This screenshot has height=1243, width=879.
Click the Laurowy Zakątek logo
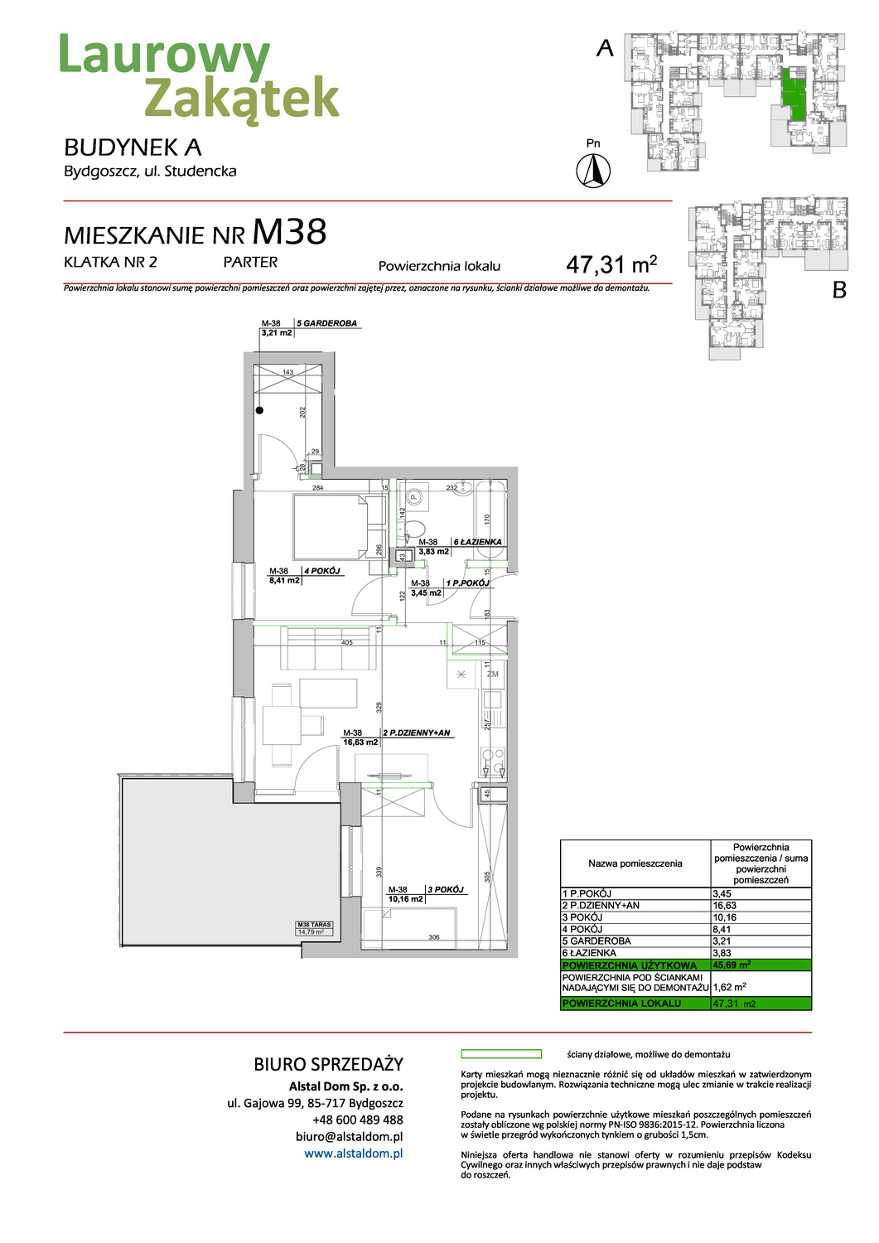(x=199, y=76)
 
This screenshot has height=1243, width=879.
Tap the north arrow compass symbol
(x=593, y=172)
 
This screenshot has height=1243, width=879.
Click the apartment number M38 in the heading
(x=289, y=232)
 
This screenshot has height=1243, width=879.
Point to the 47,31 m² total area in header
(x=611, y=264)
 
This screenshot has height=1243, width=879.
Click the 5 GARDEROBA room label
(x=327, y=323)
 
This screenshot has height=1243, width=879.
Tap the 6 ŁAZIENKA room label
(x=477, y=542)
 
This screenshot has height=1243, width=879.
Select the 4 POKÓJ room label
(x=322, y=571)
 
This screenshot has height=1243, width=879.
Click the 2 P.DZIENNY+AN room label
(x=417, y=733)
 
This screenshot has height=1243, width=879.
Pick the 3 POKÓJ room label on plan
(x=446, y=889)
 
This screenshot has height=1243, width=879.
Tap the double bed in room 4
(x=331, y=527)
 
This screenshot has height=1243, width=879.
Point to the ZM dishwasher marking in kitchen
(x=493, y=675)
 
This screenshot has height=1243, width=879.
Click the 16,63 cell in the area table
(x=725, y=906)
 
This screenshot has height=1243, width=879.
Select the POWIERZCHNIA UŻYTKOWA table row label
(x=630, y=965)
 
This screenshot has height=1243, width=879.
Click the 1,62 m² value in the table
(x=730, y=987)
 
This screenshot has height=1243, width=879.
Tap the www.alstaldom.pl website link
(x=353, y=1154)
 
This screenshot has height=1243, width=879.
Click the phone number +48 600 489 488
(x=357, y=1120)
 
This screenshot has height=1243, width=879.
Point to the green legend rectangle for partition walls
(x=500, y=1054)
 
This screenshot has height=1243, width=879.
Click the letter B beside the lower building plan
(x=839, y=290)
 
